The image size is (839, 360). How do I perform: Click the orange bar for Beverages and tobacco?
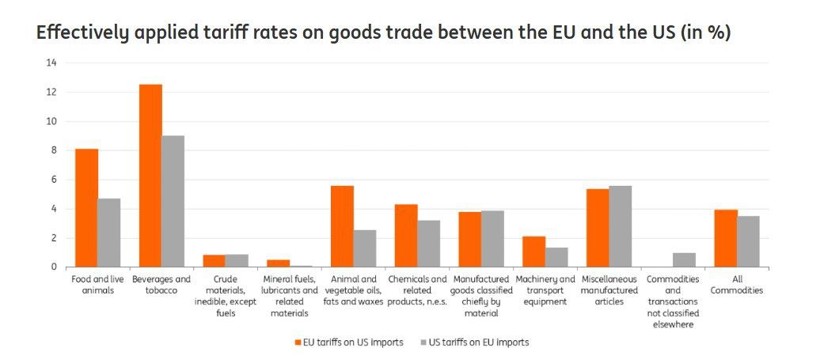click(x=150, y=176)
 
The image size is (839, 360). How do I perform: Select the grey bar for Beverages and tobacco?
click(x=173, y=201)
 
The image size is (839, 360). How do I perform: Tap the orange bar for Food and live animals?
click(x=86, y=208)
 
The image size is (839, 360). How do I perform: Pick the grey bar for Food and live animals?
click(x=109, y=233)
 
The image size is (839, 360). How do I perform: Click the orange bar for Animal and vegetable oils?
click(x=342, y=226)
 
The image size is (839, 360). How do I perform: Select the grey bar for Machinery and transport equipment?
click(x=556, y=257)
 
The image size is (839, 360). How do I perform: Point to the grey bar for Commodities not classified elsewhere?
click(x=684, y=260)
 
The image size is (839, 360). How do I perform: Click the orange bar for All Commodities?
click(x=725, y=238)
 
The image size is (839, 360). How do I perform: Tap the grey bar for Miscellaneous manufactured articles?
click(x=620, y=226)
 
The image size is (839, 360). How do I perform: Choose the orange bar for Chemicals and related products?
click(x=406, y=236)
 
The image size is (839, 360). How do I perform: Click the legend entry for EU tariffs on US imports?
click(x=350, y=343)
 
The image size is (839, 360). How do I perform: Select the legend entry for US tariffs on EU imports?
click(x=475, y=343)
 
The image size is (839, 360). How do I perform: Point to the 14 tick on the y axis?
click(x=51, y=63)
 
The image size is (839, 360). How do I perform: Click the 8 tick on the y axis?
click(x=52, y=150)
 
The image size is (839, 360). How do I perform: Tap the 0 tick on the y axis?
click(x=52, y=267)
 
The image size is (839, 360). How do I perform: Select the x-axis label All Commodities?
click(x=736, y=285)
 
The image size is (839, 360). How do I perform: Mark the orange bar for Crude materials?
click(x=214, y=261)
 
